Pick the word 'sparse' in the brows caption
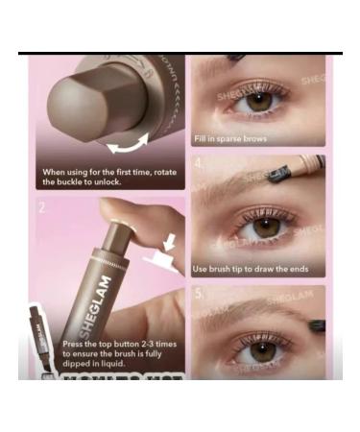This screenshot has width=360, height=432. coord(235,139)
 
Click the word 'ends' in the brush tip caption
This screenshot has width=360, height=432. coord(300,269)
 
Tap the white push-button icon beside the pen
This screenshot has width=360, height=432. coord(157,256)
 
